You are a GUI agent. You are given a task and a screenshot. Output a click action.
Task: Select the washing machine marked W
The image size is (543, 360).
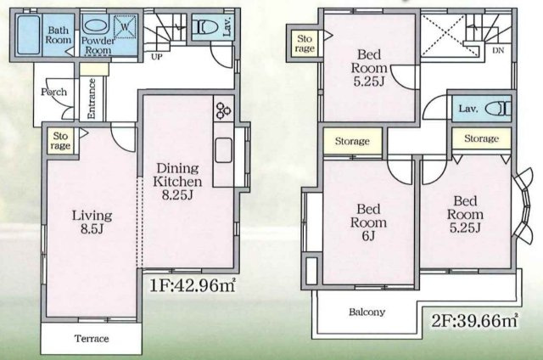[125, 27]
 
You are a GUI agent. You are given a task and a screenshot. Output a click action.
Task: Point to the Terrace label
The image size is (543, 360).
[92, 339]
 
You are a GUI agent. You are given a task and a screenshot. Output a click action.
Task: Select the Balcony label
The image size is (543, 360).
[367, 312]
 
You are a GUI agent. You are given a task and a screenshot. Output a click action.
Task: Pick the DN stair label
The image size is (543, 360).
[498, 50]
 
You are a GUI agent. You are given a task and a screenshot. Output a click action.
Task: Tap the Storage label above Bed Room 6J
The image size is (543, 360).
[351, 142]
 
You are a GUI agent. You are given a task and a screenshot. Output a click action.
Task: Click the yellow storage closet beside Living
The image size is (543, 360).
[59, 140]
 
